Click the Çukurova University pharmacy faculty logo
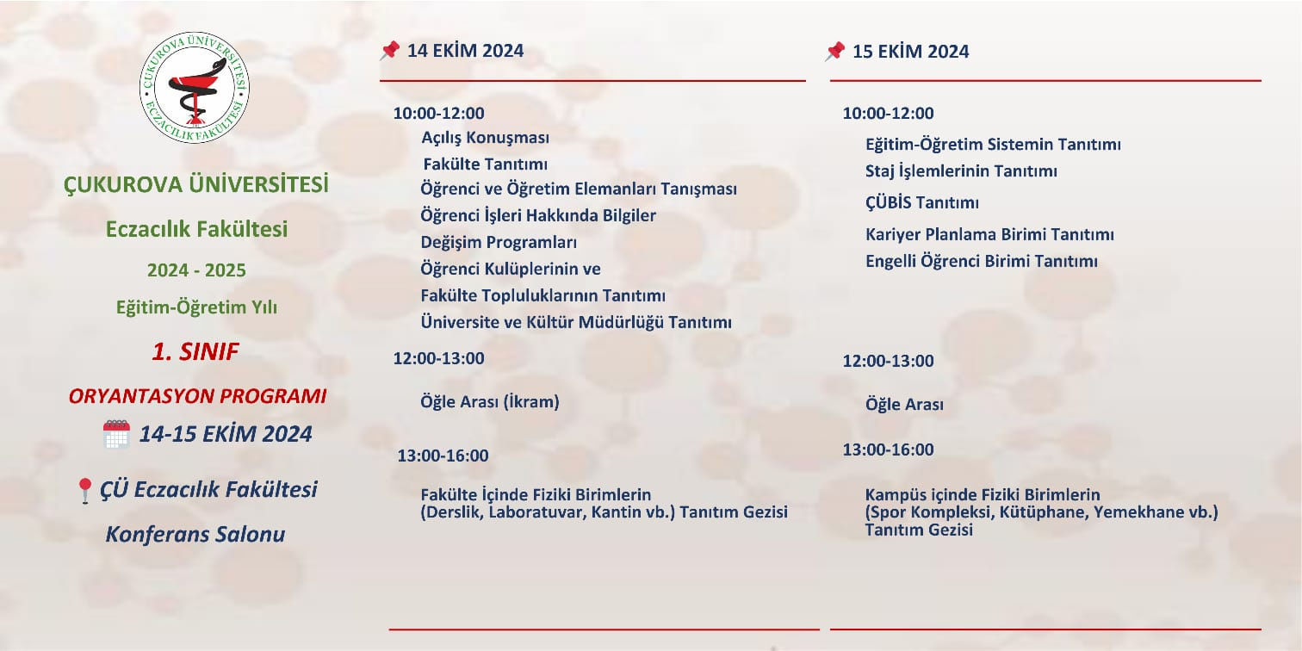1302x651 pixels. (x=194, y=87)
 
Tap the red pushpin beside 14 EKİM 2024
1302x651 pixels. (x=389, y=51)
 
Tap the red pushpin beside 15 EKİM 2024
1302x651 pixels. (x=834, y=51)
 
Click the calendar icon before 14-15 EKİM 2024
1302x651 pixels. (x=116, y=434)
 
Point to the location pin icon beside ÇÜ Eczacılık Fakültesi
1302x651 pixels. (x=85, y=491)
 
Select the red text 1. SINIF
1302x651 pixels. (x=195, y=351)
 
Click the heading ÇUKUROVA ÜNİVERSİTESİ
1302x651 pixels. (x=195, y=184)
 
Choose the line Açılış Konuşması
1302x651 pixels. (x=486, y=138)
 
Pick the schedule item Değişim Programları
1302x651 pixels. (x=499, y=242)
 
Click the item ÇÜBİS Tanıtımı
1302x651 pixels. (x=922, y=202)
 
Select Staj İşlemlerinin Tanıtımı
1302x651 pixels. (x=961, y=170)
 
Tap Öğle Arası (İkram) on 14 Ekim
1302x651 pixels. (x=490, y=401)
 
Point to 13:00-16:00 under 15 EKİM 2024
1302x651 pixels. (x=888, y=449)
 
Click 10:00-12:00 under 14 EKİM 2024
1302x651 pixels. (x=439, y=113)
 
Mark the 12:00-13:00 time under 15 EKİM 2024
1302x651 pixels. (x=888, y=360)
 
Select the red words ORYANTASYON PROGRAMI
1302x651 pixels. (x=197, y=396)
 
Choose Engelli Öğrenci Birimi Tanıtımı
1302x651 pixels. (x=982, y=261)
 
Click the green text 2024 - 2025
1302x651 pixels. (x=196, y=270)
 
